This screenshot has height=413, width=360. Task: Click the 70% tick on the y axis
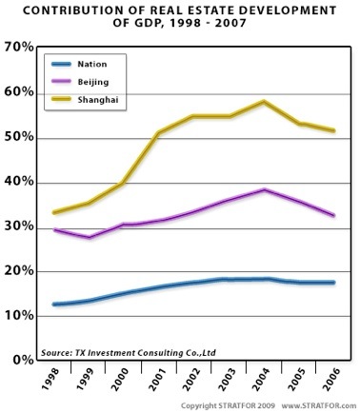[x=19, y=46]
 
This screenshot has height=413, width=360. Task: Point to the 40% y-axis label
[x=19, y=182]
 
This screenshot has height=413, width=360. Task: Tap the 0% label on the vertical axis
[x=23, y=362]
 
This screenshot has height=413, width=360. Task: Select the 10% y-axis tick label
[x=19, y=317]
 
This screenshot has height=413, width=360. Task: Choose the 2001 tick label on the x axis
[x=160, y=383]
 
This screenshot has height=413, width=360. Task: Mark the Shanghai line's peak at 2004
[x=264, y=102]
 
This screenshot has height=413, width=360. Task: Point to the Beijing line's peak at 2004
[x=264, y=190]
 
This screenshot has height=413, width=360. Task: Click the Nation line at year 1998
[x=54, y=305]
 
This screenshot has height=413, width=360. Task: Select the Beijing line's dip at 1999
[x=90, y=237]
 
